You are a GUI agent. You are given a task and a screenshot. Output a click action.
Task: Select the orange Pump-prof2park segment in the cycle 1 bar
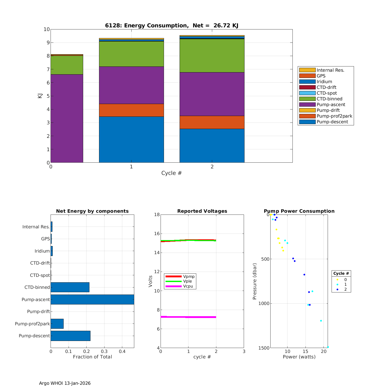coord(131,110)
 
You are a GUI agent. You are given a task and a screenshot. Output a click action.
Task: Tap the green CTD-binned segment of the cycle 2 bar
coord(212,56)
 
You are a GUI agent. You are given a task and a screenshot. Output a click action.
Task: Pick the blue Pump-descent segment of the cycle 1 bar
coord(131,139)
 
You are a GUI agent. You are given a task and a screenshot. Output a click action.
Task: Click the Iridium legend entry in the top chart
coord(324,82)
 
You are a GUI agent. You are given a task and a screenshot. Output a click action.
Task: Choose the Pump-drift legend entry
coord(328,110)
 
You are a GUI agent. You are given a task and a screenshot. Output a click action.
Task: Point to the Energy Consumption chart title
coord(172,26)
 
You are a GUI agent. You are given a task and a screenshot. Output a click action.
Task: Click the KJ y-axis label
coord(40,96)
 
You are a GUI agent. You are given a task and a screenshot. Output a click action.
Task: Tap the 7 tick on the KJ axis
coord(48,69)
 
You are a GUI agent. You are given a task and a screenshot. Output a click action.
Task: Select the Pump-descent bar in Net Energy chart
coord(70,336)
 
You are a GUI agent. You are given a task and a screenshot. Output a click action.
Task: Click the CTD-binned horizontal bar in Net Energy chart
coord(70,287)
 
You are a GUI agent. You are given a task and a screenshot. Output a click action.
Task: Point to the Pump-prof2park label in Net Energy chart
coord(32,324)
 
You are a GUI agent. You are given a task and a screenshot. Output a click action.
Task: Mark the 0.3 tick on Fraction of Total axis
coord(104,351)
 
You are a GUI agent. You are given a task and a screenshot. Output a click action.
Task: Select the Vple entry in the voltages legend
coord(187,281)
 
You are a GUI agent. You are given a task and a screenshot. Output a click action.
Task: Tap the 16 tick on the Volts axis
coord(156,234)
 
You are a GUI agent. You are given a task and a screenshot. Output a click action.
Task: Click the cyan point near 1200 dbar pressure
coord(321,321)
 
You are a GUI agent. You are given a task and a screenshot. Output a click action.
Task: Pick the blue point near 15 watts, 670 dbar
coord(304,274)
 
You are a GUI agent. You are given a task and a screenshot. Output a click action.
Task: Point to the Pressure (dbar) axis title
coord(255,281)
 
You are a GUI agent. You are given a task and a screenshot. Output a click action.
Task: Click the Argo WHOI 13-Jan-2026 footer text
coord(65,383)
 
